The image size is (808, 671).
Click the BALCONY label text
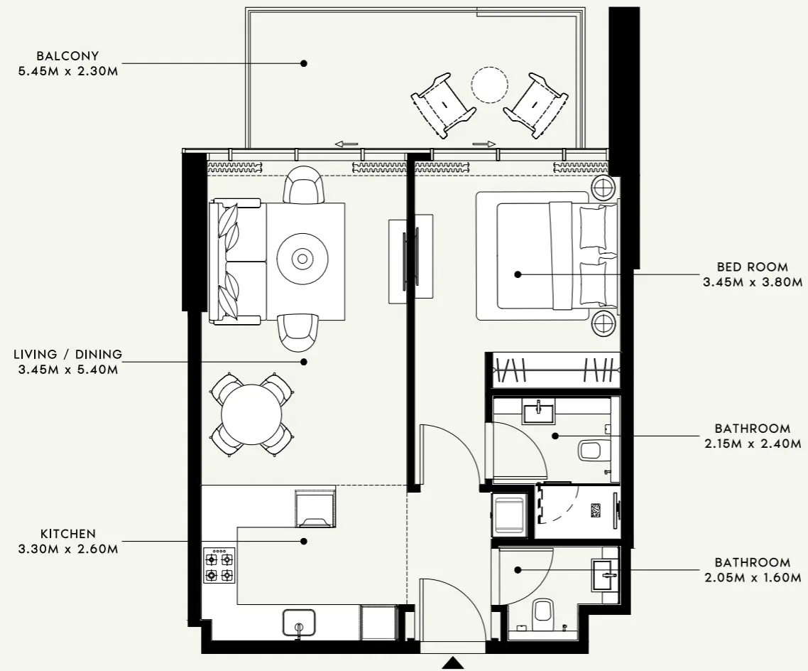pyautogui.click(x=68, y=55)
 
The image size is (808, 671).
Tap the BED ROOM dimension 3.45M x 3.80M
pyautogui.click(x=752, y=282)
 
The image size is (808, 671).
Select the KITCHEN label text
pyautogui.click(x=68, y=533)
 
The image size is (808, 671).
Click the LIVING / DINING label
pyautogui.click(x=68, y=354)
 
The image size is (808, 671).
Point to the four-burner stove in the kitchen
pyautogui.click(x=219, y=566)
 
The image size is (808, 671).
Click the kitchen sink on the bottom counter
pyautogui.click(x=299, y=623)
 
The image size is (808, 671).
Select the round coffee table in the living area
pyautogui.click(x=303, y=258)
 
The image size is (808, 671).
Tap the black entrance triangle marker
pyautogui.click(x=452, y=663)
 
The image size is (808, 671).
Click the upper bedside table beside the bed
pyautogui.click(x=604, y=189)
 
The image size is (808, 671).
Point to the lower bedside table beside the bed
pyautogui.click(x=604, y=323)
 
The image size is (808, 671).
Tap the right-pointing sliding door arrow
pyautogui.click(x=484, y=144)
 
